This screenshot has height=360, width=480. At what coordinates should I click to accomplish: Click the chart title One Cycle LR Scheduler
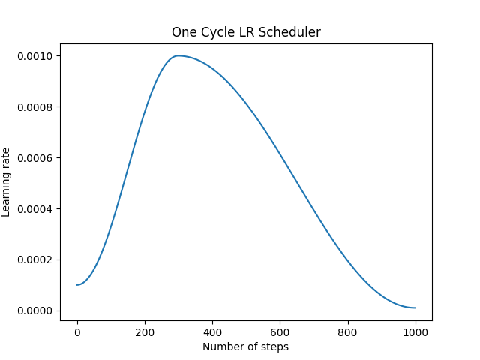[x=246, y=32]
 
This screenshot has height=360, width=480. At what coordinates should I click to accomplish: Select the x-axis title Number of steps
[x=246, y=346]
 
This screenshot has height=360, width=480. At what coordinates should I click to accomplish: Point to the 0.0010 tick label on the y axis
[x=35, y=56]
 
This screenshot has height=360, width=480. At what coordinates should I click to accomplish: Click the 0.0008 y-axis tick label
[x=35, y=107]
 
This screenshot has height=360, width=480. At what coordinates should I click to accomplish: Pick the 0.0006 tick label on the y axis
[x=35, y=158]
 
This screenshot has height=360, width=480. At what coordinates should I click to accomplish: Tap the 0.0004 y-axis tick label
[x=35, y=208]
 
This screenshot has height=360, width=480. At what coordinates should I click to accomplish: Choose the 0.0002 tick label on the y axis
[x=35, y=259]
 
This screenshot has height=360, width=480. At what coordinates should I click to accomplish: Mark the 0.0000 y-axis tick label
[x=35, y=310]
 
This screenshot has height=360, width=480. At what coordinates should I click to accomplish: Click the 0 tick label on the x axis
[x=77, y=332]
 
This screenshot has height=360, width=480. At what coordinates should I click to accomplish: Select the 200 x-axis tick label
[x=145, y=332]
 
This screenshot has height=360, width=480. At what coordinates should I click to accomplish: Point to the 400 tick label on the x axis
[x=212, y=332]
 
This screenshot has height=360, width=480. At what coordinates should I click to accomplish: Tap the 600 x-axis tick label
[x=280, y=332]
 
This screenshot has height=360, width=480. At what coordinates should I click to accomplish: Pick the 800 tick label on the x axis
[x=348, y=332]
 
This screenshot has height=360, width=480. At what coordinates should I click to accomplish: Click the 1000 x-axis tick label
[x=415, y=332]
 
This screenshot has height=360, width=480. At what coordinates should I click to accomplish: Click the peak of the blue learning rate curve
[x=178, y=55]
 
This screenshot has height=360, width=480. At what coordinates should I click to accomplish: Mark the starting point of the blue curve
[x=77, y=285]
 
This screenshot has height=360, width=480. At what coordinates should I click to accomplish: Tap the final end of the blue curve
[x=415, y=307]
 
